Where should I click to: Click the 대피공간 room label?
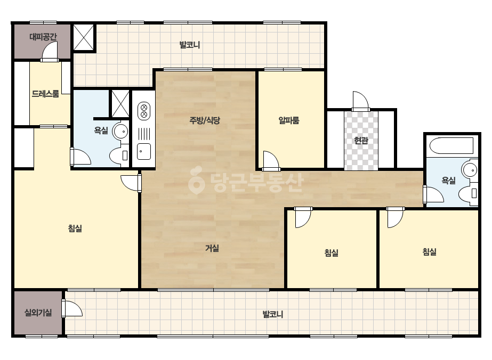(x=43, y=37)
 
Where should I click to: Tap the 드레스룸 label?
(x=45, y=94)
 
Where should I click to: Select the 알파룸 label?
(x=289, y=120)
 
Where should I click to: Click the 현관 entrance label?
(x=361, y=140)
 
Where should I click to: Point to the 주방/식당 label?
(x=205, y=120)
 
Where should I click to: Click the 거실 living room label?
(x=212, y=248)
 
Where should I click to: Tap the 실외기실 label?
(x=38, y=313)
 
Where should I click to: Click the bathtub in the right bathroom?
(x=451, y=145)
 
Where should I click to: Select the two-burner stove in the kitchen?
(x=144, y=111)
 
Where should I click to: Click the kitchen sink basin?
(x=144, y=151)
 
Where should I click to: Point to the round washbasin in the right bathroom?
(x=470, y=170)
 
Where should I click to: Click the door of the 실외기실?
(x=72, y=308)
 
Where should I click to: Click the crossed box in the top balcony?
(x=84, y=37)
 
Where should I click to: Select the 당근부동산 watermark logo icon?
(x=196, y=180)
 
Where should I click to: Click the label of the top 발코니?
(x=190, y=45)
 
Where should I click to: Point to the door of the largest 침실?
(x=131, y=183)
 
